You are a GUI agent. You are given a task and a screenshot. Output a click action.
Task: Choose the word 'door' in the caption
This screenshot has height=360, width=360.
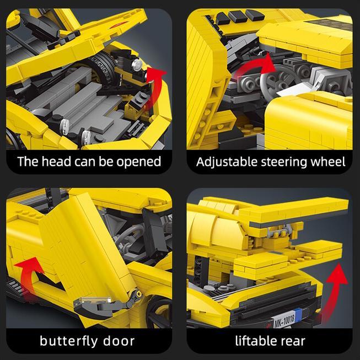click(x=119, y=341)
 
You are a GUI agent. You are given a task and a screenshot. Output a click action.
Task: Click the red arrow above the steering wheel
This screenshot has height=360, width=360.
click(x=255, y=67)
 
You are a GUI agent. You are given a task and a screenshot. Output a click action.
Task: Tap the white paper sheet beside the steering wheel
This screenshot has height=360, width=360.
click(x=294, y=90)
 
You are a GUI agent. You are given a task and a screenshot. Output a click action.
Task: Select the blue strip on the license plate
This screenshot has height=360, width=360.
click(x=298, y=315)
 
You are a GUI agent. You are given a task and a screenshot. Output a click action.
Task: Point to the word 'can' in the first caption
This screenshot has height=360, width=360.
click(x=85, y=162)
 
